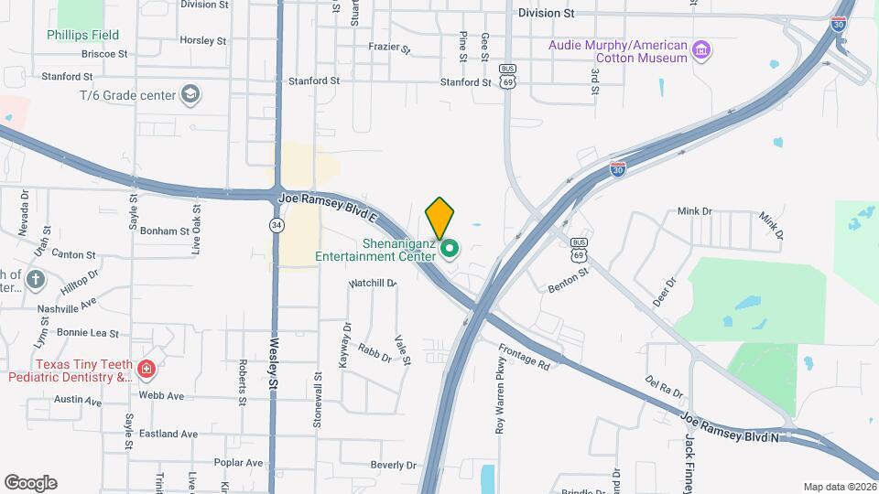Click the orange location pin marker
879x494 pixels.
439,218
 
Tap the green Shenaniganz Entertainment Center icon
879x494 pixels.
449,248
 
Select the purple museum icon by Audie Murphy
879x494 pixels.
701,48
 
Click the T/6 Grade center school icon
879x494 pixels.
190,93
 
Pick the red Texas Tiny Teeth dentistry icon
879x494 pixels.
146,370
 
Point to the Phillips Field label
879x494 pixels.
83,36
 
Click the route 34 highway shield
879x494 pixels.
276,224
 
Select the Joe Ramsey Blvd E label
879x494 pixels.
326,203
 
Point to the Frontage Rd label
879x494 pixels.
525,357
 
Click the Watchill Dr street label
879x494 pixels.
372,284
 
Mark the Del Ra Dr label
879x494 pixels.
664,386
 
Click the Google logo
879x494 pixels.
30,483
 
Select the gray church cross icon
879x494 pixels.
35,279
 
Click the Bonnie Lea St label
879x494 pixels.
88,333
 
